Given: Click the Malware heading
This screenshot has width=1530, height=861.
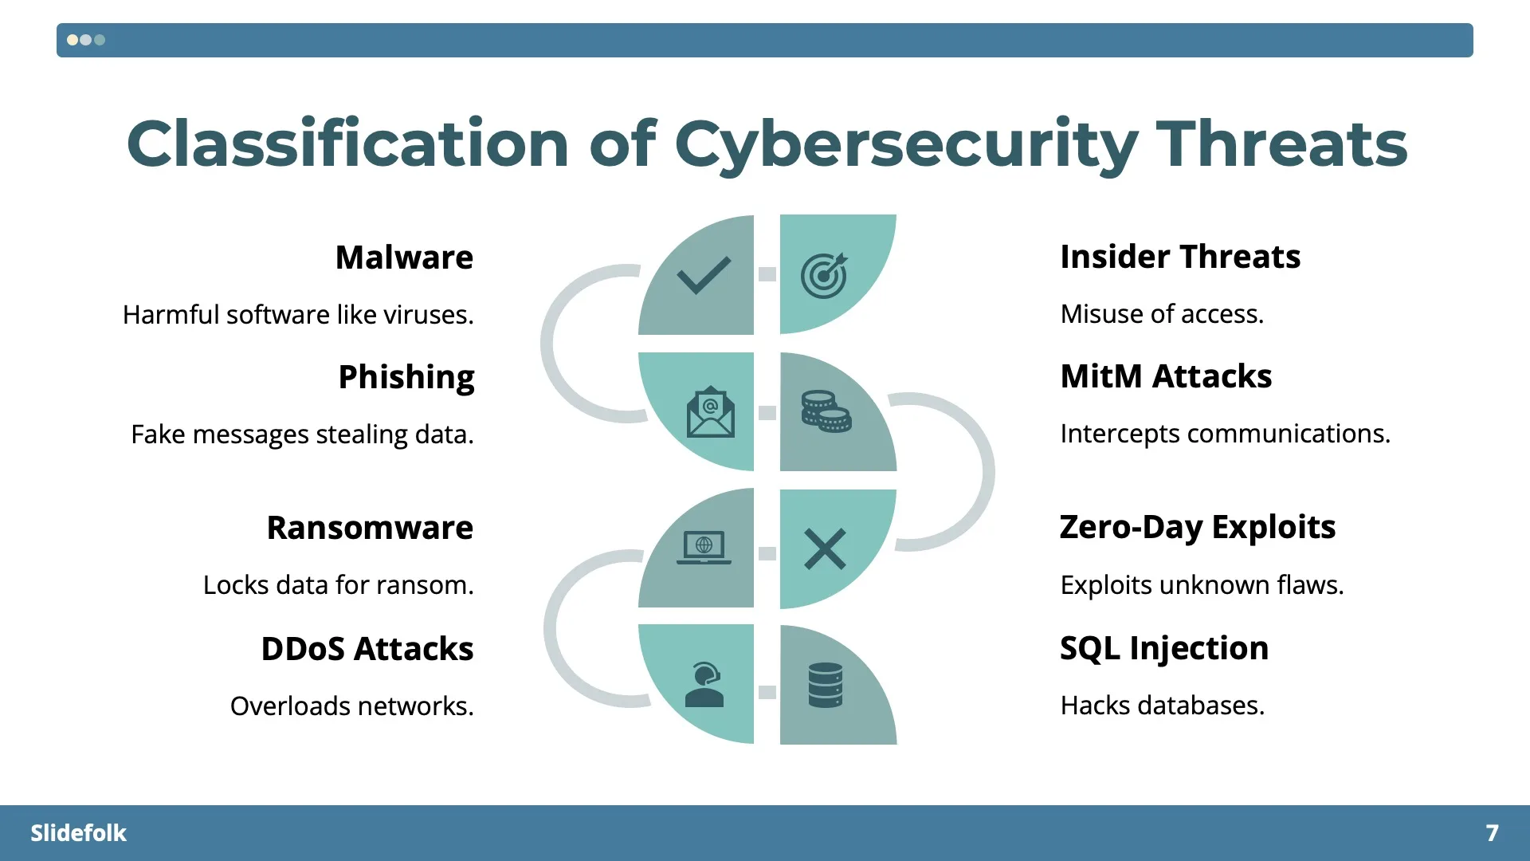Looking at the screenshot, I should point(404,258).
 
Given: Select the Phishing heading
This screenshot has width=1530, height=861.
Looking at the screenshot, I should point(406,377).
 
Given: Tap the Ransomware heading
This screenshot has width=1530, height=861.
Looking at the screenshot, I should point(370,528).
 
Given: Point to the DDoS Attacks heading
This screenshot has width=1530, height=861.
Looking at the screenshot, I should point(367,649).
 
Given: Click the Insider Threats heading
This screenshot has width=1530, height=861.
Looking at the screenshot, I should point(1180,257).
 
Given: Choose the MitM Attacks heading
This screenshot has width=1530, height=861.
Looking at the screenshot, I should point(1166,376).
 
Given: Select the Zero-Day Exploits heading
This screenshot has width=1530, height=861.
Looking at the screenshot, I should point(1198,527).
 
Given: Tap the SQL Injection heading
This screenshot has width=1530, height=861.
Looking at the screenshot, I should point(1164,648).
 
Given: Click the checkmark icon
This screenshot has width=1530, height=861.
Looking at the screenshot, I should point(704,276).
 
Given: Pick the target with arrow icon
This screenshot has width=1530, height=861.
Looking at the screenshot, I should point(824,276).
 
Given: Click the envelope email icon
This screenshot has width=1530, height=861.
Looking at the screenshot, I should point(710,412).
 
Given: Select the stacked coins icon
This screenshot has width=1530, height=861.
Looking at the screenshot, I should point(826,411).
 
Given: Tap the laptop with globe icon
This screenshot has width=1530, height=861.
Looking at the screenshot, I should point(704,548).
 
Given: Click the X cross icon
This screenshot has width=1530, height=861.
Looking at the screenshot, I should point(825,548).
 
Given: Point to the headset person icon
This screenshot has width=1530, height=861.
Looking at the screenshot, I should point(704,685).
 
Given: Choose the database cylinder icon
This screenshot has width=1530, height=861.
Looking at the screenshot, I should point(825,685).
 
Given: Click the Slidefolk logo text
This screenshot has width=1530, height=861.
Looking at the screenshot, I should point(78,833).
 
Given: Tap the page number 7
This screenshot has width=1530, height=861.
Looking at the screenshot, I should point(1492,833).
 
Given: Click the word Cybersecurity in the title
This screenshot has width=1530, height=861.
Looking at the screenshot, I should point(906,144).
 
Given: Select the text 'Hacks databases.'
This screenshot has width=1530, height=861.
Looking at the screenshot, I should point(1162,706).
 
